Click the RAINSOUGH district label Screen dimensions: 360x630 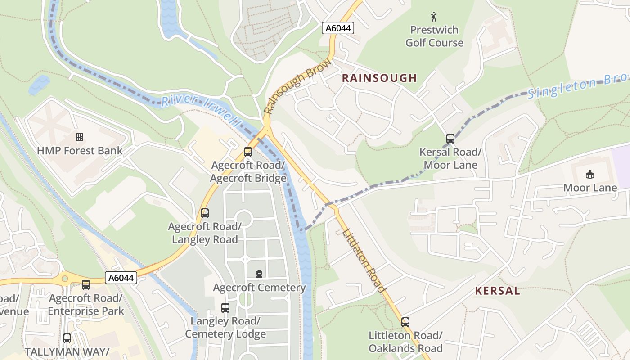379,78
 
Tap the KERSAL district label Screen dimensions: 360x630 497,291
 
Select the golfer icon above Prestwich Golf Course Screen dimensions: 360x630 434,17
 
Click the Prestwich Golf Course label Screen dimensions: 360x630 434,36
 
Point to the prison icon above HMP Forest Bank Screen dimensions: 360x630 80,137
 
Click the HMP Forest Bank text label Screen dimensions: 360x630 80,151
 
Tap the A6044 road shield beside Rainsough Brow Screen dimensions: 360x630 338,28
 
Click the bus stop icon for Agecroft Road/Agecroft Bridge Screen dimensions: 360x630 248,152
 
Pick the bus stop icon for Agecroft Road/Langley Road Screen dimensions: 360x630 205,213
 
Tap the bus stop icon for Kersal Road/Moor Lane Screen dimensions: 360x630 450,139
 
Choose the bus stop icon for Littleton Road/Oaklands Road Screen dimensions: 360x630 405,322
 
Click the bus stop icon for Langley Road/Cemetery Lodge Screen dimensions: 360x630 225,308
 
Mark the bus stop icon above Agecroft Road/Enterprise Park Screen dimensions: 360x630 86,285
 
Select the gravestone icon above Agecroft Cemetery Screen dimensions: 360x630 259,274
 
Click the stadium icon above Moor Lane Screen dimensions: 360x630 589,174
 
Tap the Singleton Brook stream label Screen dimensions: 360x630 578,87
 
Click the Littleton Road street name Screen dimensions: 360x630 364,261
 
